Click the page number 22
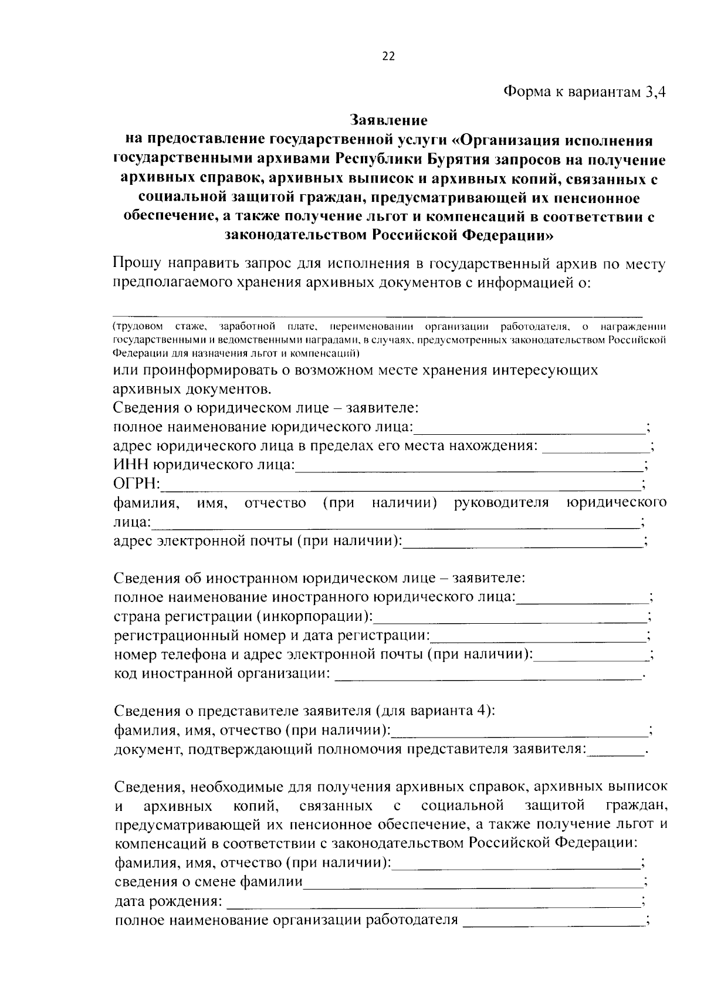click(388, 56)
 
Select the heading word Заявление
click(389, 120)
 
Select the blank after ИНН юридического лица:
click(469, 466)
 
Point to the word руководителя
click(502, 503)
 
